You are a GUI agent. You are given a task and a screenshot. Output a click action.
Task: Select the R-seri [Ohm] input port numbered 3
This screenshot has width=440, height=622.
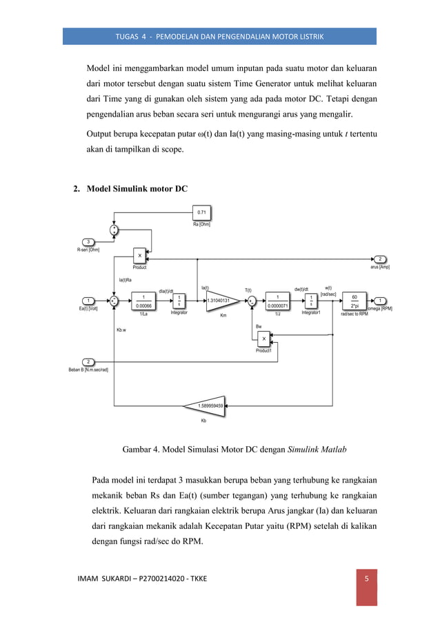pos(88,241)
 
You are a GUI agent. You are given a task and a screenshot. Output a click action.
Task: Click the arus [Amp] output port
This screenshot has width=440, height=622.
pos(380,259)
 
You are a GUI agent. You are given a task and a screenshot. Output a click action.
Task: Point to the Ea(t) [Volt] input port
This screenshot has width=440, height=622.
pos(88,301)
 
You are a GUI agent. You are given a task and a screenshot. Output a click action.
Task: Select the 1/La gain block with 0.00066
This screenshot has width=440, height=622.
pos(143,301)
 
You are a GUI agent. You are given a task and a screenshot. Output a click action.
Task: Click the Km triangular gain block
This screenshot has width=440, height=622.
pos(221,301)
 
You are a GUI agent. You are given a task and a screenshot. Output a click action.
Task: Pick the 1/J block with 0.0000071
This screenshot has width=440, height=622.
pos(277,301)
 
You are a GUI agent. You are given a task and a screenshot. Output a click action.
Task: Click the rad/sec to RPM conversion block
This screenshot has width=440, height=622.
pos(354,301)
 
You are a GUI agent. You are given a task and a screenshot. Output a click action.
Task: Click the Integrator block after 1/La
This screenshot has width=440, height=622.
pos(179,301)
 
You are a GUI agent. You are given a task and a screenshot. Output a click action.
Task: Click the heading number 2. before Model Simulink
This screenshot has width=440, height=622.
pos(78,190)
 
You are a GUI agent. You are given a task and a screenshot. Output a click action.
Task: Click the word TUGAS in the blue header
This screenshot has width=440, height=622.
pos(131,36)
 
